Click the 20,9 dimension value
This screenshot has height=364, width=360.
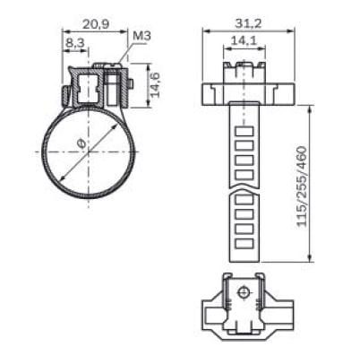coord(96,24)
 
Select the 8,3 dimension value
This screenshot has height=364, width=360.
coord(75,43)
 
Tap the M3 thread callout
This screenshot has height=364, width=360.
coord(141,36)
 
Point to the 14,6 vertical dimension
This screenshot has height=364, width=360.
coord(155,85)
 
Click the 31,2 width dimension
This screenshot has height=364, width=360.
coord(248,23)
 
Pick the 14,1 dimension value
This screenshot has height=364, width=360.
coord(244,40)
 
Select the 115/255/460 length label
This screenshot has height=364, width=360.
coord(302,186)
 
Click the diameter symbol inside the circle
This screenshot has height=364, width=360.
coord(81,144)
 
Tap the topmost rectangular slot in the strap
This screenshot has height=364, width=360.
coord(244,132)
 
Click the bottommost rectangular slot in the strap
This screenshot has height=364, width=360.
coord(244,244)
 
